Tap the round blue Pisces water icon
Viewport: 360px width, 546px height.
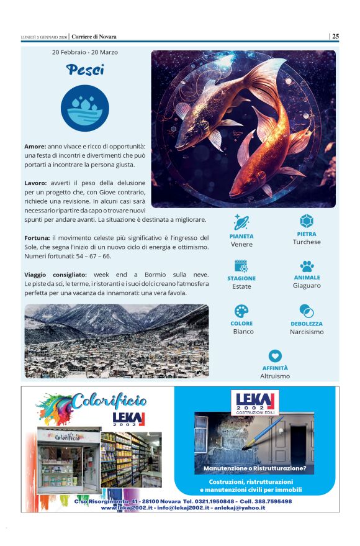[x=85, y=108]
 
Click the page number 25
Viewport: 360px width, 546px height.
[x=335, y=36]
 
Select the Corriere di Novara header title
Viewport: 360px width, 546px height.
[x=94, y=37]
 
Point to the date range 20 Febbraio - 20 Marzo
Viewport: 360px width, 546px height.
[x=85, y=52]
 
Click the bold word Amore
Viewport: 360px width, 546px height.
[x=35, y=146]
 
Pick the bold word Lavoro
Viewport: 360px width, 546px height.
[x=35, y=183]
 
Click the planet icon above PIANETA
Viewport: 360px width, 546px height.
[x=241, y=222]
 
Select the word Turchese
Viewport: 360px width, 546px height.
[x=307, y=242]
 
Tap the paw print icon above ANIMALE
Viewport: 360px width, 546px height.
[x=307, y=266]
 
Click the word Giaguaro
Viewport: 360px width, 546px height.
[x=307, y=286]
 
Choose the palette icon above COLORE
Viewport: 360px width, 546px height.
[x=241, y=311]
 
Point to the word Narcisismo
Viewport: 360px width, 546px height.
[x=307, y=332]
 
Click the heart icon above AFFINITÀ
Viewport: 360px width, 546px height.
[x=276, y=356]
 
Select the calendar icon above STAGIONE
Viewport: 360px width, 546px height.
[x=241, y=266]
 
